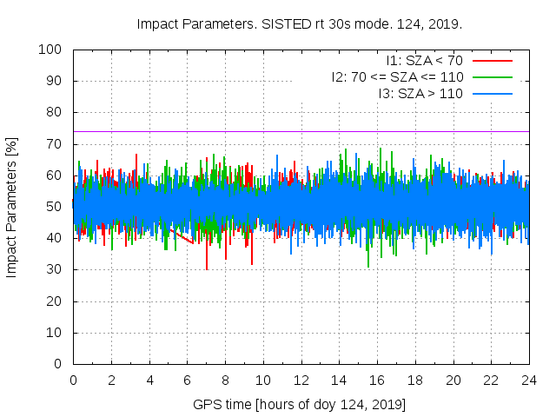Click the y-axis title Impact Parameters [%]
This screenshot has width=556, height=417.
click(x=12, y=207)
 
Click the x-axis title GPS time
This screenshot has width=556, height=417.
click(x=300, y=405)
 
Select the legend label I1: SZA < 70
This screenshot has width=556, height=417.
click(x=424, y=61)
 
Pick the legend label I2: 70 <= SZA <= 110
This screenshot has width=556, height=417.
click(x=397, y=76)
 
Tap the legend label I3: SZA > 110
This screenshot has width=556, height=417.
click(x=420, y=93)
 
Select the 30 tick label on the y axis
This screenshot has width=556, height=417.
click(x=55, y=269)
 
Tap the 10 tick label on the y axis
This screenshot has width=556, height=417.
click(x=55, y=332)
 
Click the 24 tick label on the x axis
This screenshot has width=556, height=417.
click(x=529, y=380)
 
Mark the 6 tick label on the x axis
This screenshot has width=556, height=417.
click(x=187, y=380)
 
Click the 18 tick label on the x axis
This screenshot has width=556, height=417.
click(x=415, y=380)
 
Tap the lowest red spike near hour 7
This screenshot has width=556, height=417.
click(x=207, y=268)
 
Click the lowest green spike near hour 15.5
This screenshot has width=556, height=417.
click(x=368, y=266)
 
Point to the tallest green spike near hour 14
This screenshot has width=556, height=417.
click(x=346, y=149)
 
